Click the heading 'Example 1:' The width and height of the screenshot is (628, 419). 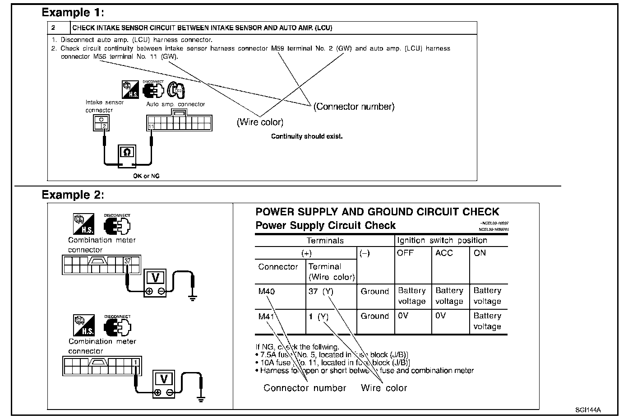click(x=73, y=12)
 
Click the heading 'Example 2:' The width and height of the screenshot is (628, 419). click(x=73, y=195)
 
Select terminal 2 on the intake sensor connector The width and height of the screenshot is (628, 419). click(x=104, y=126)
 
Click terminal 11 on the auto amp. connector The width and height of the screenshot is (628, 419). click(x=151, y=126)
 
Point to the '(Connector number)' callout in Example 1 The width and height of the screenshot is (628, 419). click(x=354, y=107)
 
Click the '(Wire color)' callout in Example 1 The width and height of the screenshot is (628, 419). click(x=260, y=122)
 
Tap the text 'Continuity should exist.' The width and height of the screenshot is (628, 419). click(x=307, y=136)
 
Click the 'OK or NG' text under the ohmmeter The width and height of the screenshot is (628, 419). click(x=146, y=176)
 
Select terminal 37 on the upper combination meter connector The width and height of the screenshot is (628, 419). click(x=128, y=261)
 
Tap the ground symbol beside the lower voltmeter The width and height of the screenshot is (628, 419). click(x=201, y=399)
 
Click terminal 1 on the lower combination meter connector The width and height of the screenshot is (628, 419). click(x=135, y=362)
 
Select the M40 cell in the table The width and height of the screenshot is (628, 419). click(x=267, y=291)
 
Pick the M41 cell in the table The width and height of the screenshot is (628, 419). click(x=267, y=317)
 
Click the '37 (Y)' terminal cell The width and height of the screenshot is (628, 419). click(x=321, y=291)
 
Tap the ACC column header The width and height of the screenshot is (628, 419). click(x=444, y=253)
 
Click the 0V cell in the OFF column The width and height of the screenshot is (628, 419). click(x=403, y=316)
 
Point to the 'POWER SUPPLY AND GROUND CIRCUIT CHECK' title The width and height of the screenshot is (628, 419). click(x=377, y=212)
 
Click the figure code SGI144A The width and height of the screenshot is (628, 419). click(x=588, y=410)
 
